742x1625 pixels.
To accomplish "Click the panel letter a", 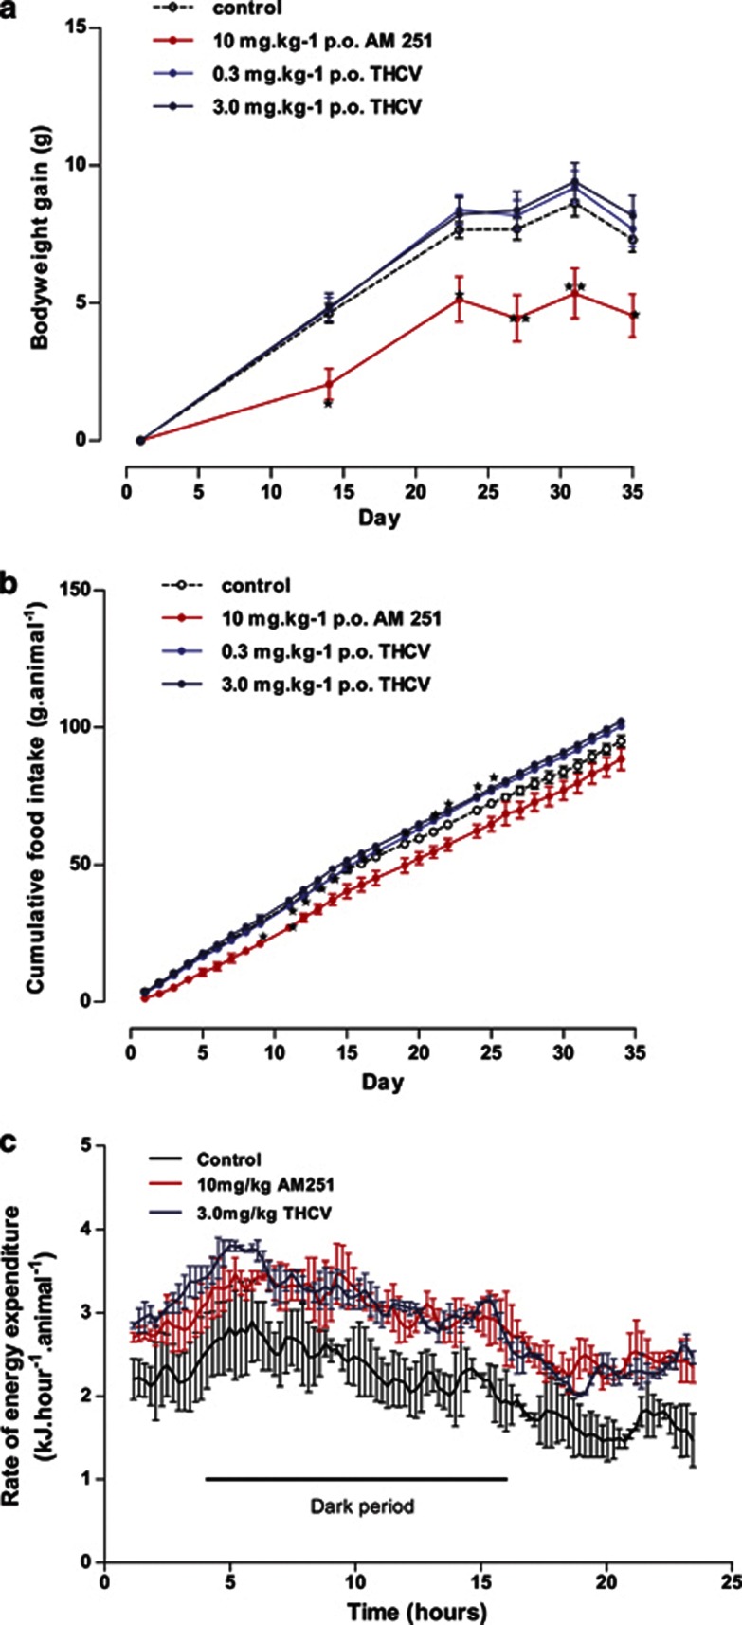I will (x=9, y=7).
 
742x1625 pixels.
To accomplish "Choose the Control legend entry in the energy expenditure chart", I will (x=229, y=1159).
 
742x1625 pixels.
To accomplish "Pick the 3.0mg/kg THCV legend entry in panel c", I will (x=265, y=1213).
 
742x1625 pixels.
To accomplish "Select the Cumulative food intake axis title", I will (x=39, y=798).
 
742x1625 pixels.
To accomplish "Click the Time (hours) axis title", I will (x=416, y=1610).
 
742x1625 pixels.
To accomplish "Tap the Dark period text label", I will (x=362, y=1506).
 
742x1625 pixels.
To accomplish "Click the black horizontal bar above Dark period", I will (x=356, y=1477).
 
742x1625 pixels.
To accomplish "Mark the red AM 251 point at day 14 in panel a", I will (x=329, y=384).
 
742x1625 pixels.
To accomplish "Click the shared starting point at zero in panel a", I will (x=140, y=440).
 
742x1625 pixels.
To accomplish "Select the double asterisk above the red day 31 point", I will (x=574, y=286).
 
